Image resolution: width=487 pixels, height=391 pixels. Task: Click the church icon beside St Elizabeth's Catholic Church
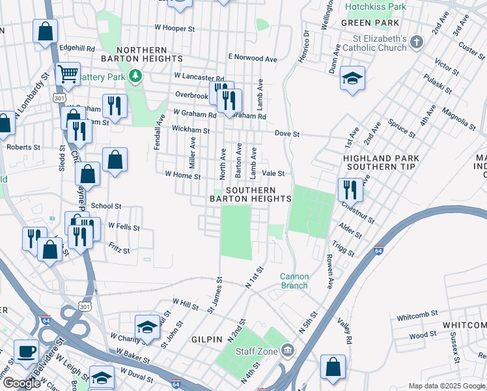point(417,44)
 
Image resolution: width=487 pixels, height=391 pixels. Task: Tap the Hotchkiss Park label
point(376,7)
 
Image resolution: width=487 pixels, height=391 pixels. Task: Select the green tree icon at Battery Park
point(135,77)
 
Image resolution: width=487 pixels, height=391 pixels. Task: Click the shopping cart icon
point(68,75)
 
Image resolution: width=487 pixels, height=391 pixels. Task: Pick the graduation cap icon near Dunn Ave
point(352,79)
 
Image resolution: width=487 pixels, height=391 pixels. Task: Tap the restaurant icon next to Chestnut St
point(350,190)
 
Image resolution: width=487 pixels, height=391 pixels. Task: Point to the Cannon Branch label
point(294,281)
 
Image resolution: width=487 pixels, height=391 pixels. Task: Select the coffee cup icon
point(27,351)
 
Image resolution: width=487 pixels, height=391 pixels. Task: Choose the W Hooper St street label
point(174,29)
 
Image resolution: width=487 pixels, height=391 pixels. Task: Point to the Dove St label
point(286,134)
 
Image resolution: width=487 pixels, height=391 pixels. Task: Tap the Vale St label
point(273,173)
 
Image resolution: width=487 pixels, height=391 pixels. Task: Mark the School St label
point(106,206)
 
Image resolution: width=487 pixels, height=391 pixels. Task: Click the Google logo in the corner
point(21,383)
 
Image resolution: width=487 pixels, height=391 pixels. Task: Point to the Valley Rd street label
point(344,330)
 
